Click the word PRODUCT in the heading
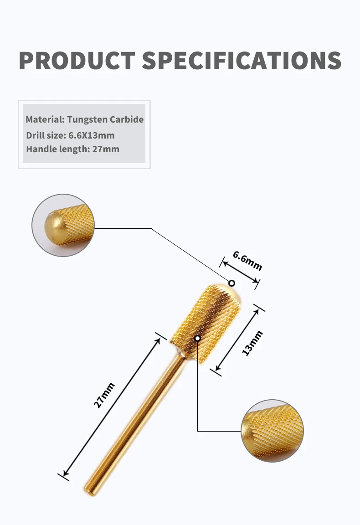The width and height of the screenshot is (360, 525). [x=77, y=61]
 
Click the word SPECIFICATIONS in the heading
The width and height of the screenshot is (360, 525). [x=242, y=61]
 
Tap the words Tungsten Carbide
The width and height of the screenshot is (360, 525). [x=105, y=119]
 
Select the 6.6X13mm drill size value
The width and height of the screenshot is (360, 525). [x=92, y=135]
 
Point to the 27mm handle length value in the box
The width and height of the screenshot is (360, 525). [x=106, y=149]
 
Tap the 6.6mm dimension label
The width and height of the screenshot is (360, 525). [x=247, y=261]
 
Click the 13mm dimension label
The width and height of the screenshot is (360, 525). [x=252, y=343]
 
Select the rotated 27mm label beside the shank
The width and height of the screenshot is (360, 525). [x=104, y=396]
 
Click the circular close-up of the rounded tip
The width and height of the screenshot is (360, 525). [x=63, y=225]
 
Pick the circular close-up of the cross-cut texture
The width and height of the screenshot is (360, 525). [x=272, y=431]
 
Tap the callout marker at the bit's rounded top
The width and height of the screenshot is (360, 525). [x=231, y=283]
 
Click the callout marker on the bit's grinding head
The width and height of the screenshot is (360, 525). [x=198, y=338]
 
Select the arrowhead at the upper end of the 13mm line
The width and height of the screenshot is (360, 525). [x=257, y=312]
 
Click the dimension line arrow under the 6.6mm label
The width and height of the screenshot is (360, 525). [x=240, y=273]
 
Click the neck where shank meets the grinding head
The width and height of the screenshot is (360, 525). [x=180, y=353]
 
